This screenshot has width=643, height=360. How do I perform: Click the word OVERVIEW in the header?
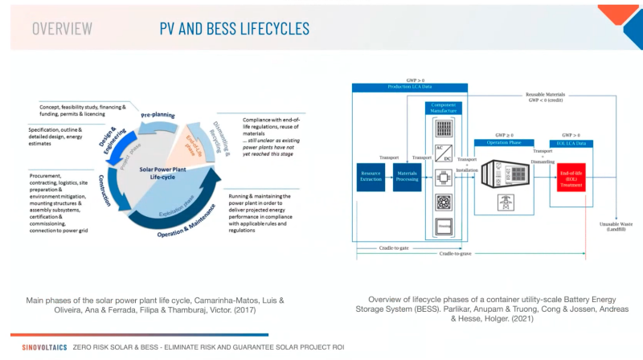click(62, 29)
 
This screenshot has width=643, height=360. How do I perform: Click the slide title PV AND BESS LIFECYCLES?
click(234, 29)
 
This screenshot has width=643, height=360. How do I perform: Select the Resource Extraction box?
click(371, 176)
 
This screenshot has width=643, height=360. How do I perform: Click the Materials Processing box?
click(408, 176)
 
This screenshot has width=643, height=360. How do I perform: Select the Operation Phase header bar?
click(503, 142)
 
